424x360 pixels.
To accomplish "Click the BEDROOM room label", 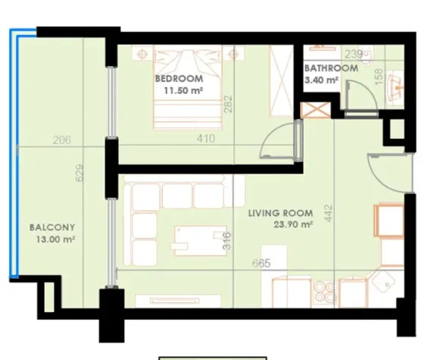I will [x=179, y=78].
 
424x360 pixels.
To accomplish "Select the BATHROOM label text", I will [x=332, y=68].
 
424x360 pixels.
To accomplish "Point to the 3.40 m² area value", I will [x=320, y=80].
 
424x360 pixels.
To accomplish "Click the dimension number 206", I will [x=62, y=139].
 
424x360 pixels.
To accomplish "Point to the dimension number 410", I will [x=205, y=139].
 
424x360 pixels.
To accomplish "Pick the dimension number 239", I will [x=353, y=55].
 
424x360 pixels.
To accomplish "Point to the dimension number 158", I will [x=378, y=77].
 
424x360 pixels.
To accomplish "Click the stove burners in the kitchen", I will [x=324, y=292].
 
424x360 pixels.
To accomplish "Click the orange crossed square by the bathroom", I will [x=311, y=110].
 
